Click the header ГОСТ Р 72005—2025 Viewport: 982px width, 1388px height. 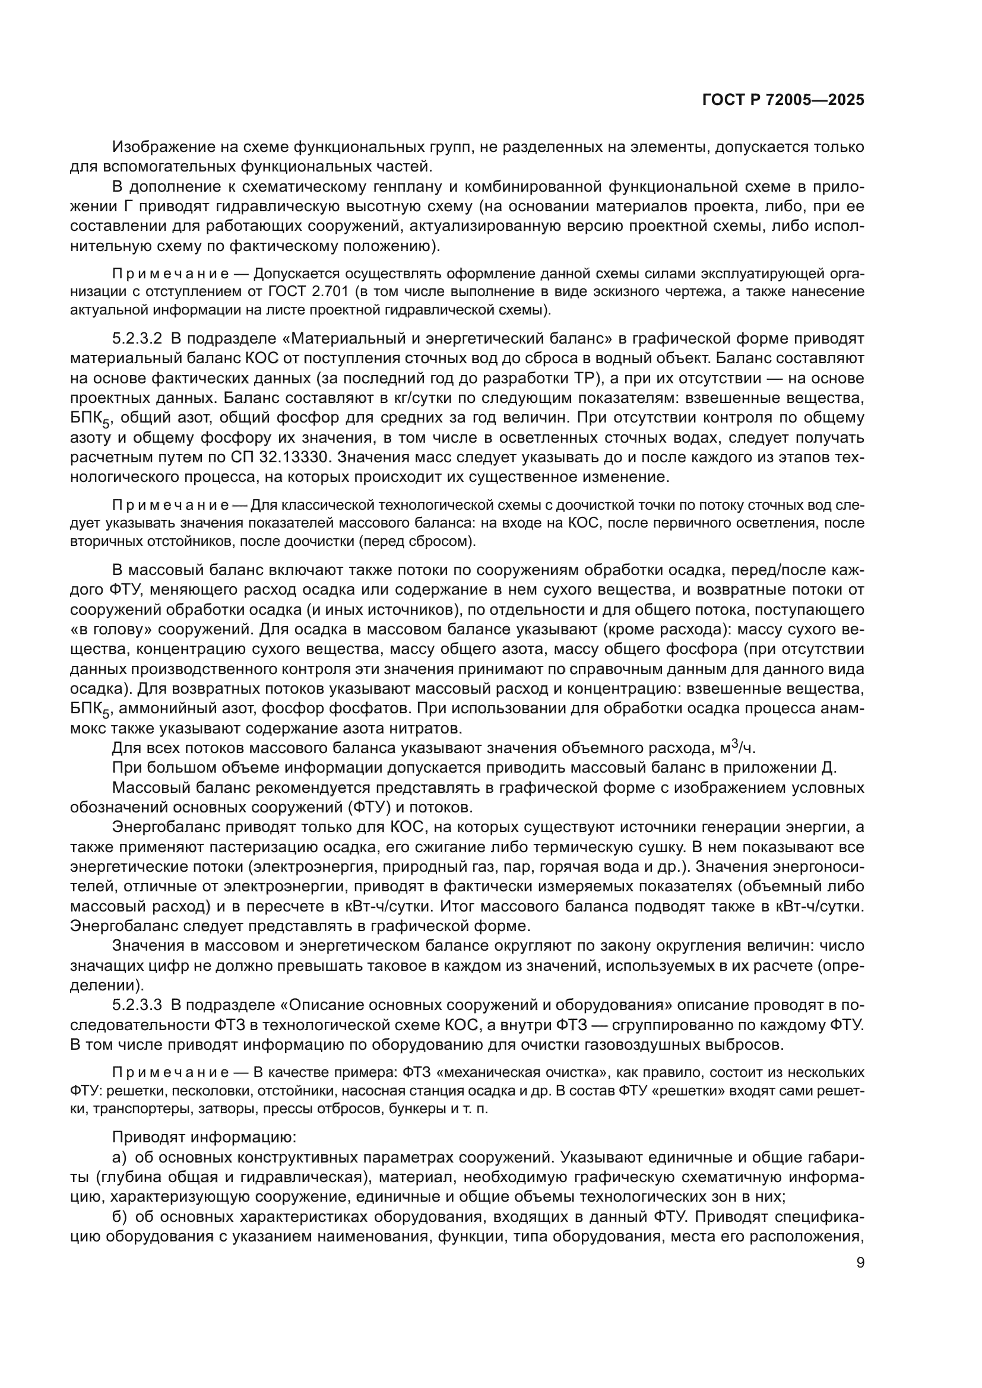[783, 100]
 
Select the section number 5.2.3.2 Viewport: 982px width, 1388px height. [137, 337]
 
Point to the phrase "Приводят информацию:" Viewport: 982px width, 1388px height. [204, 1137]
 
